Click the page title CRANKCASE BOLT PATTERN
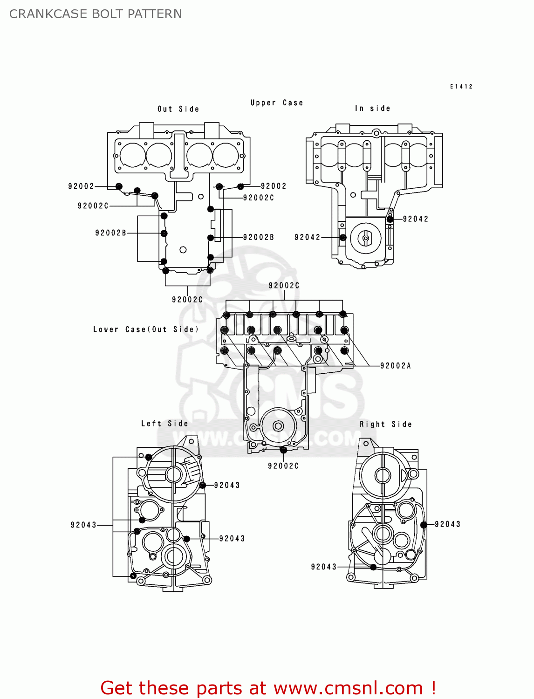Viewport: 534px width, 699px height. (96, 14)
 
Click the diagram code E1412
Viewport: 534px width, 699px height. (461, 86)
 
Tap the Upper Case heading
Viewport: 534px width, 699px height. (277, 103)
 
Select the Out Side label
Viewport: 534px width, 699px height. (178, 109)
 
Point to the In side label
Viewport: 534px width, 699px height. (372, 108)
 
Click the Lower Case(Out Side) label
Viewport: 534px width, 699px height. (146, 329)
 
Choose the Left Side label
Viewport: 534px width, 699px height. (164, 424)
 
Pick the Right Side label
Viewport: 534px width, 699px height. (385, 424)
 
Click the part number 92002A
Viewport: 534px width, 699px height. (395, 366)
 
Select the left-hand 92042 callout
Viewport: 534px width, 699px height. (308, 237)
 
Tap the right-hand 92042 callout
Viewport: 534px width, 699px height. (415, 219)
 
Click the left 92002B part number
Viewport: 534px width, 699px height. (110, 233)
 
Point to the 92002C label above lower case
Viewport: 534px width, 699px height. (284, 286)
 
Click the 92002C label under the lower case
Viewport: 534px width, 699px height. (283, 466)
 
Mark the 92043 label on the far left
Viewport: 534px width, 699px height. (83, 525)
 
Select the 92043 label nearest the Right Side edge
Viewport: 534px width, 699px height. (447, 524)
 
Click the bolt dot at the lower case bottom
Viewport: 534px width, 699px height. (283, 450)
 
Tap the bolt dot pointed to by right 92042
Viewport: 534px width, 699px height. (390, 219)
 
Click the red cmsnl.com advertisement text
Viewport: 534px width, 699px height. (268, 688)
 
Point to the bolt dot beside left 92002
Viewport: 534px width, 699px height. (119, 186)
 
